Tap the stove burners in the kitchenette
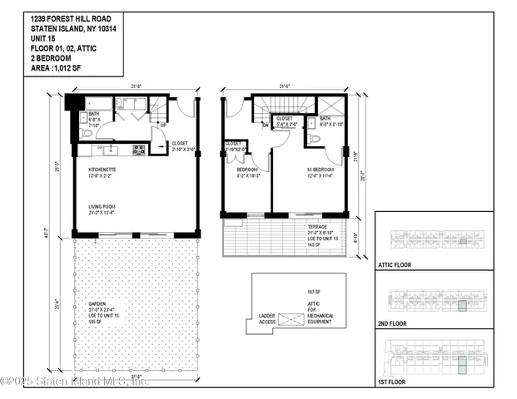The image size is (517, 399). point(139,150)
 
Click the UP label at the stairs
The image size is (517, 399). point(162,126)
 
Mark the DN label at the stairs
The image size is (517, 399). point(266,126)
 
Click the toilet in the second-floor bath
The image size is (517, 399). point(314,139)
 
